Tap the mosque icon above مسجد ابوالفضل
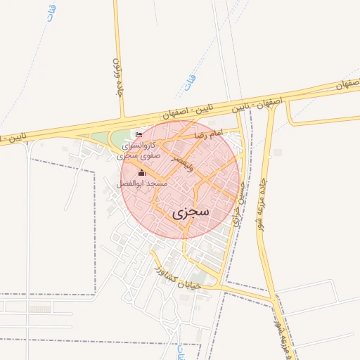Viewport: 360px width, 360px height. pos(141,173)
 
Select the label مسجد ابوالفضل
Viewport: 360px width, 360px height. pos(142,184)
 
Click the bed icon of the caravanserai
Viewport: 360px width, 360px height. pos(139,134)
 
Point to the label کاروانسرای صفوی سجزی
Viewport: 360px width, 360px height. pos(141,149)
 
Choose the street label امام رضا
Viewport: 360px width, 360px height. pos(209,133)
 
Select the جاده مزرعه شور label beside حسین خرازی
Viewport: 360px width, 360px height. pos(264,197)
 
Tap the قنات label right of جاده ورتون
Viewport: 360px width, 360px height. pos(189,83)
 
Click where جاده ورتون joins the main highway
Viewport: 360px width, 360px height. pos(123,117)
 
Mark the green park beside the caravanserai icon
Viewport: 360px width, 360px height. pos(103,138)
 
